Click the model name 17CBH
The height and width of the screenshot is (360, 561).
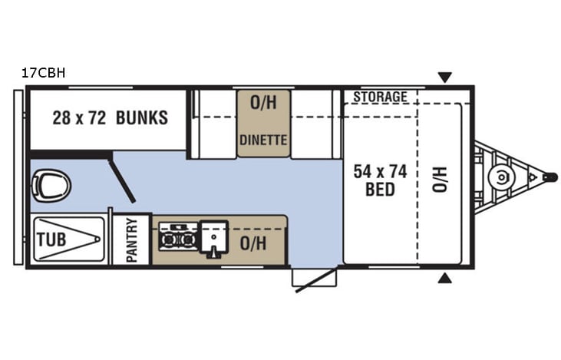[44, 74]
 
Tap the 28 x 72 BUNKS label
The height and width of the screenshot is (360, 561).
[110, 118]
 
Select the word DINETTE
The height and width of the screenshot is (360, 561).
[263, 140]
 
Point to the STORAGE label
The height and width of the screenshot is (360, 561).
[380, 97]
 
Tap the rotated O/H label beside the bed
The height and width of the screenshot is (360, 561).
[439, 180]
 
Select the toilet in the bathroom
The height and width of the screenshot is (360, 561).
[51, 185]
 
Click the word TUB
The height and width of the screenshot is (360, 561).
[51, 239]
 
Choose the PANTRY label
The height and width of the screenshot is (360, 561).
[131, 240]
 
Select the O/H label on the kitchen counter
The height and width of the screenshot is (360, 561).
[252, 243]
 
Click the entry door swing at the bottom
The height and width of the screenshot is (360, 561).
[315, 279]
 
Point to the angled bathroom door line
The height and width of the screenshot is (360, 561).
[123, 177]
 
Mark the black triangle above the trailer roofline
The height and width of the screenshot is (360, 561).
[444, 77]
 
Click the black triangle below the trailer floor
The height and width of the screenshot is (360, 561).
[444, 277]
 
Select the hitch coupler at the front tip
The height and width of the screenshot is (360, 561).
[550, 177]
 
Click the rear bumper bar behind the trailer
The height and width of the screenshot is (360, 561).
[18, 177]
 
